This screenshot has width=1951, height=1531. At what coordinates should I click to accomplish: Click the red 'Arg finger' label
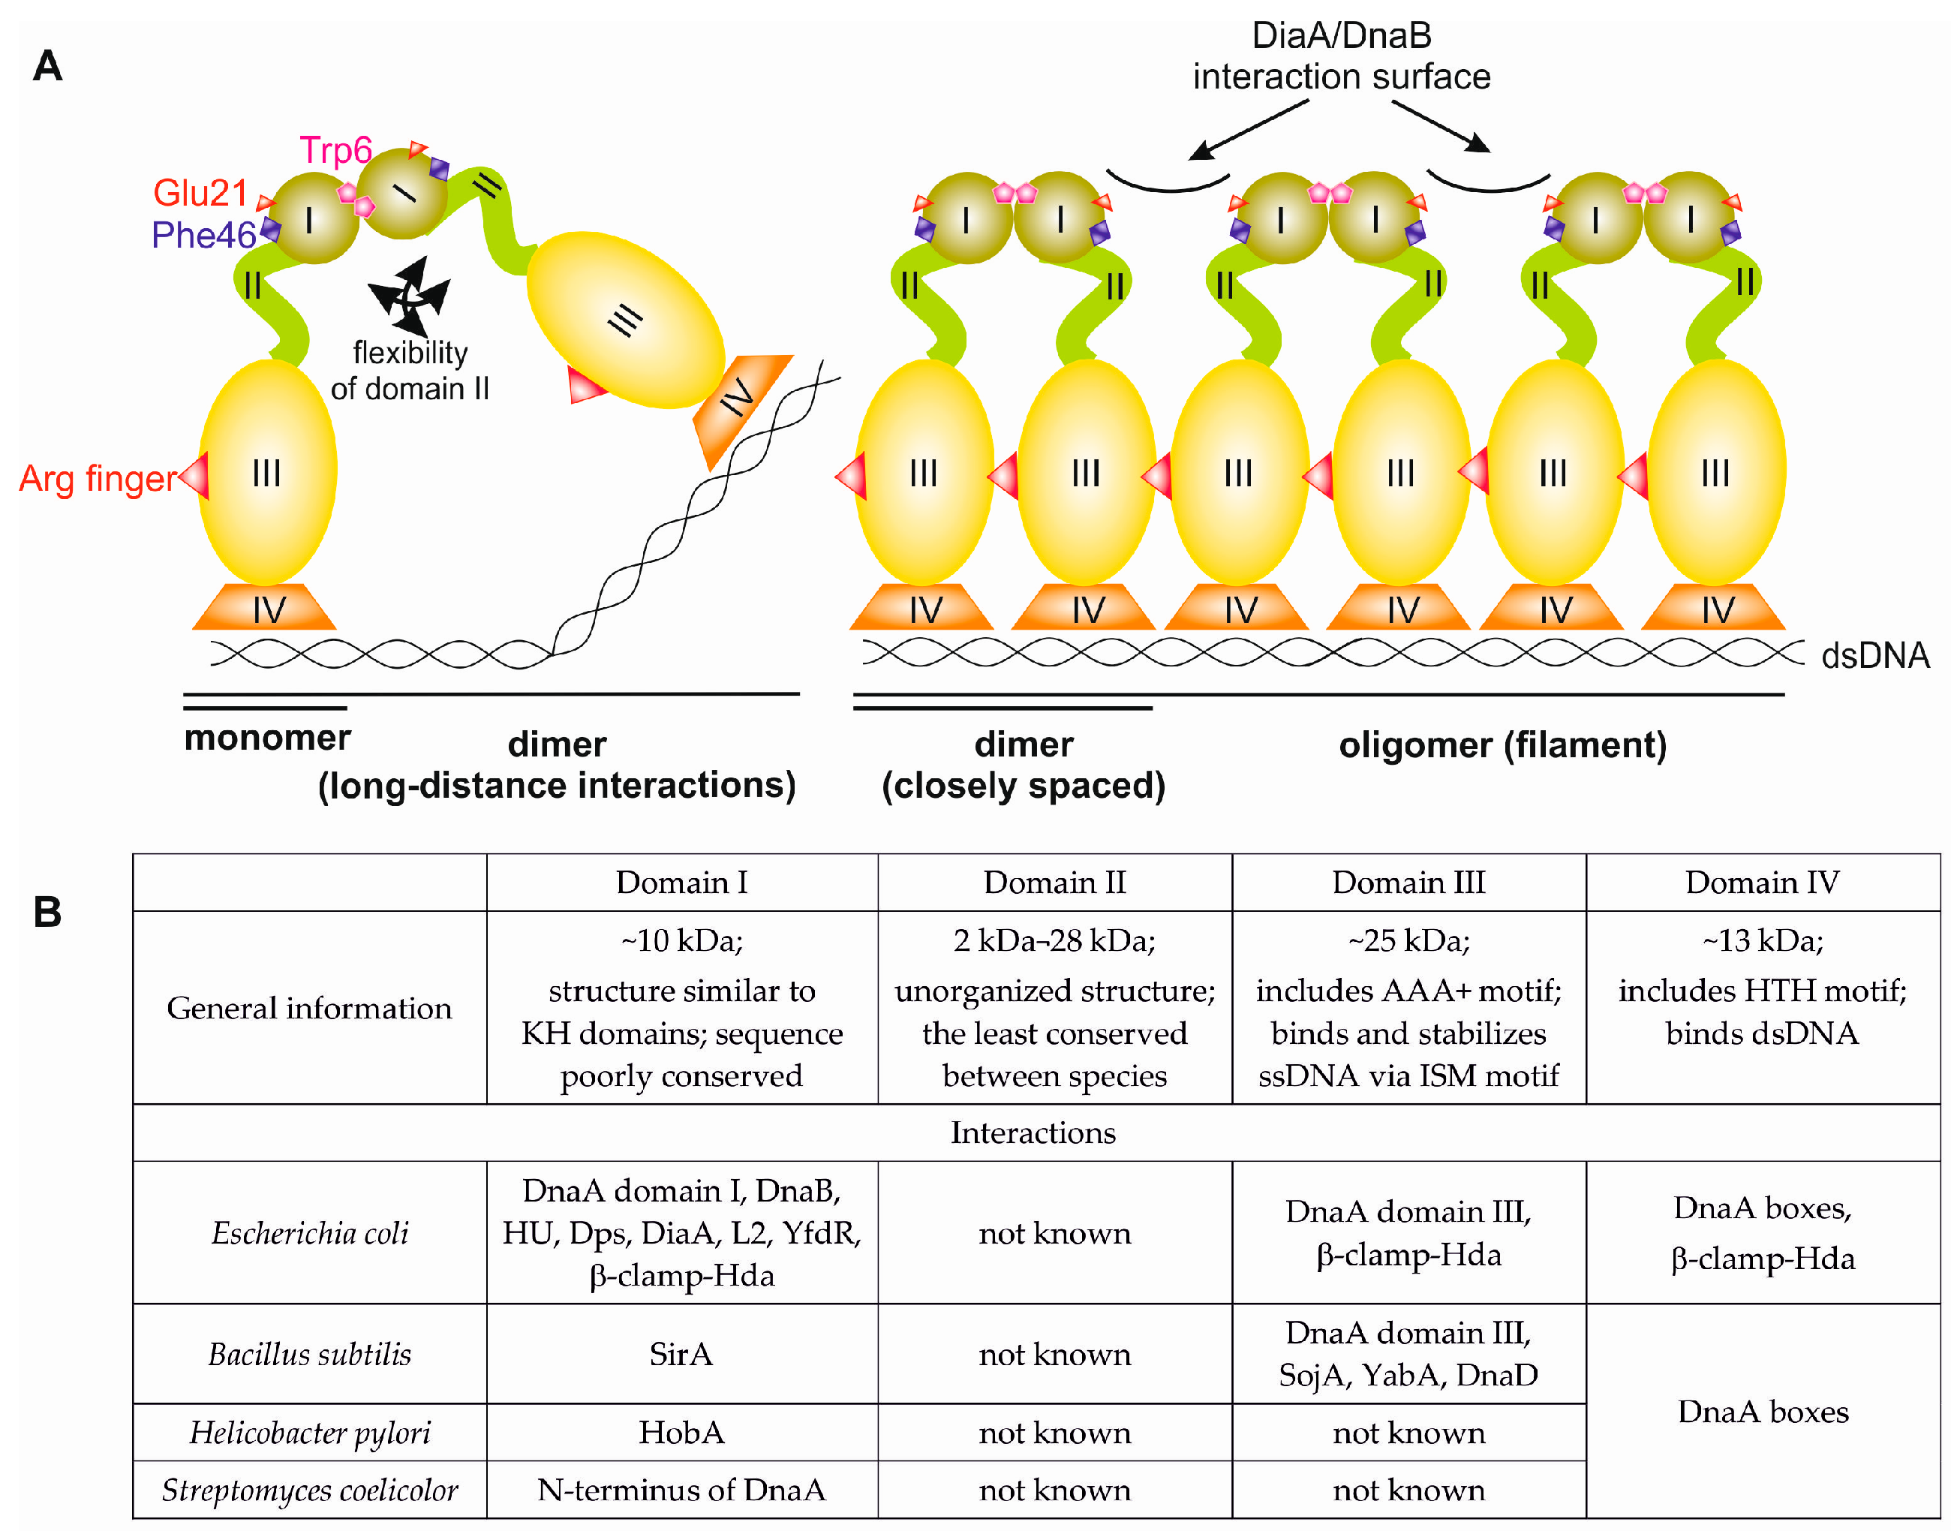point(98,479)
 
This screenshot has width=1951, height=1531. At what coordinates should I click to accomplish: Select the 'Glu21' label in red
point(200,193)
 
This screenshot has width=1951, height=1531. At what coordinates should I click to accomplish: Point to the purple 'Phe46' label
point(203,236)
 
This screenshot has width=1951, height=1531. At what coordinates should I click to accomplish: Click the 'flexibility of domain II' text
point(410,371)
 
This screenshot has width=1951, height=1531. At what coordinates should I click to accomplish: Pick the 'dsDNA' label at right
point(1874,656)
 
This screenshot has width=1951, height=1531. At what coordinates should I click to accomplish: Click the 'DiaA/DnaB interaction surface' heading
point(1341,56)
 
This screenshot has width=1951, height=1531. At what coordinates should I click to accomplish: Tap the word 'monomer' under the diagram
point(267,738)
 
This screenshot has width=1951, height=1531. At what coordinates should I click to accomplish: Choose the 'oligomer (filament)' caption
point(1502,746)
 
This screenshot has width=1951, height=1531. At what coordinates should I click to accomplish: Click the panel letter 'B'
point(47,913)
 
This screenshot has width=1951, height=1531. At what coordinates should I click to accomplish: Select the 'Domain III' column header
point(1408,883)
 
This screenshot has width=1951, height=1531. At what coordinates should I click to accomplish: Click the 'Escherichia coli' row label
point(309,1233)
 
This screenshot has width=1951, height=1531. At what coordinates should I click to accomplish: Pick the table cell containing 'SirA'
point(681,1355)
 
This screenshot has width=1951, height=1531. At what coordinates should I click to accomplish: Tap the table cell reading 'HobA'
point(681,1433)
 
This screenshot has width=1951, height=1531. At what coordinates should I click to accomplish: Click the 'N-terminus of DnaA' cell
point(681,1490)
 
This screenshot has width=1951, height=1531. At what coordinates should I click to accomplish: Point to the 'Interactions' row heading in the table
point(1033,1133)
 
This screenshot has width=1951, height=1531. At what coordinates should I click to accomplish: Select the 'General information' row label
point(309,1009)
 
